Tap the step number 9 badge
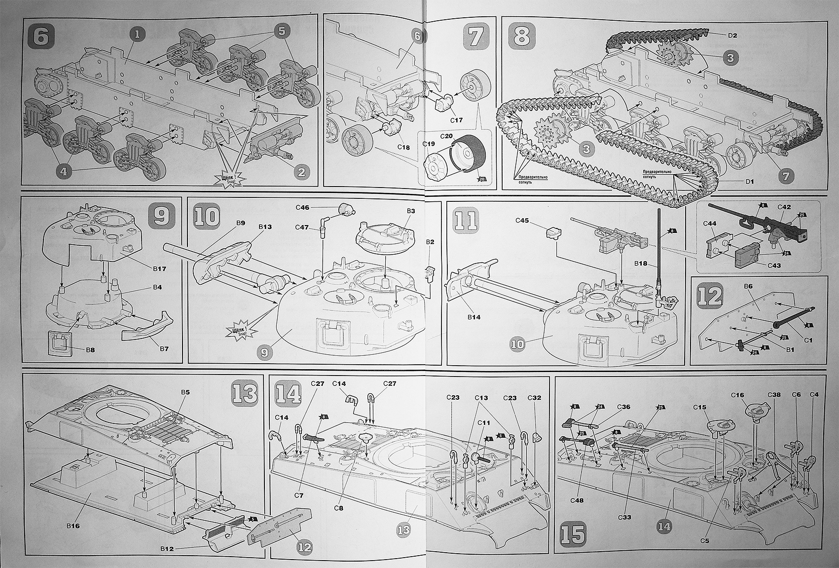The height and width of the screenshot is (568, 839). [x=162, y=216]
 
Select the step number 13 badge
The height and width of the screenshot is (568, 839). [x=245, y=393]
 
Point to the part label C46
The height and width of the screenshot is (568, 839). [x=303, y=208]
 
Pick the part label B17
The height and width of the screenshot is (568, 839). [x=159, y=269]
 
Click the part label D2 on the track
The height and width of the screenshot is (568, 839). [x=732, y=35]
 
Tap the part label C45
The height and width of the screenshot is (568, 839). [x=522, y=221]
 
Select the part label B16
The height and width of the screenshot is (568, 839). [x=73, y=525]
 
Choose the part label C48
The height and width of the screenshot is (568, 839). [x=577, y=499]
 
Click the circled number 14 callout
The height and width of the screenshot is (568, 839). [x=664, y=527]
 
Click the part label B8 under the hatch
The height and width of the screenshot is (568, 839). [x=90, y=350]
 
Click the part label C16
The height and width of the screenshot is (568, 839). [x=737, y=395]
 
